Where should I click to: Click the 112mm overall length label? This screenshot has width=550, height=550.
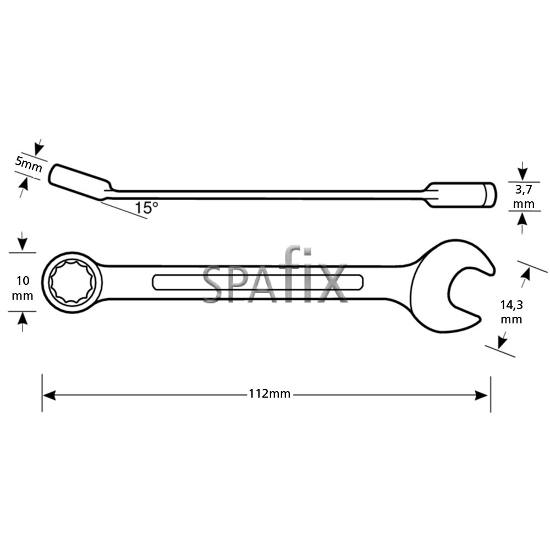tap(269, 394)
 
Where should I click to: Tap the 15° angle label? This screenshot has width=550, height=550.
tap(146, 208)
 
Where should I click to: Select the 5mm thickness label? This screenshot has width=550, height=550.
tap(28, 164)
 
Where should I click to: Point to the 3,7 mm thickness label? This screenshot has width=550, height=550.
tap(523, 197)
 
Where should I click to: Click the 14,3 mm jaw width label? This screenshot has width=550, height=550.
tap(511, 312)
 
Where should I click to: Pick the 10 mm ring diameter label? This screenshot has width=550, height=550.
tap(23, 288)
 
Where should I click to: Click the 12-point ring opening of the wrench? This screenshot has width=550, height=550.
tap(72, 282)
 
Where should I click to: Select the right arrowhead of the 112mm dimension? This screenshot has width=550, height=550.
tap(482, 395)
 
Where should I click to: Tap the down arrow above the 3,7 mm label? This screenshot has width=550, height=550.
tap(522, 173)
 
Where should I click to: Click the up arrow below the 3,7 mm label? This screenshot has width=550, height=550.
tap(522, 219)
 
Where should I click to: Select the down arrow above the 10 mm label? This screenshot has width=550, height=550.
tap(22, 244)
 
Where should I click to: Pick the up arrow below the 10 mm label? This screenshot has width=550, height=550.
tap(22, 320)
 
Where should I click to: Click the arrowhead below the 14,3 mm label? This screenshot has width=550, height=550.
tap(501, 342)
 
